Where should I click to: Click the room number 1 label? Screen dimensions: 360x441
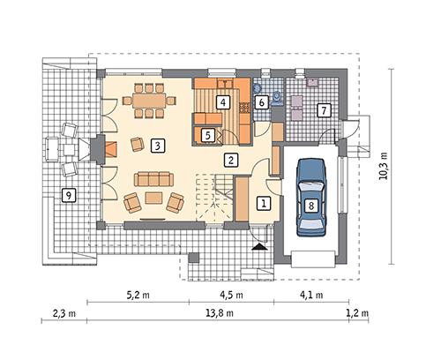click(x=262, y=203)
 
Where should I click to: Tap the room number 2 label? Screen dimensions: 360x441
click(x=230, y=160)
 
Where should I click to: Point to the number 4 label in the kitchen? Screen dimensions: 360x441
click(x=225, y=102)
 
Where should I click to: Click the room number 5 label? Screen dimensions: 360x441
click(x=207, y=135)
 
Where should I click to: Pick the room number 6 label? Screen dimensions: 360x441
click(x=262, y=101)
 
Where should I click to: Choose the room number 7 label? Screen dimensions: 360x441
click(x=324, y=111)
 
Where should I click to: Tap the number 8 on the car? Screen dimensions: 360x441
click(x=310, y=206)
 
